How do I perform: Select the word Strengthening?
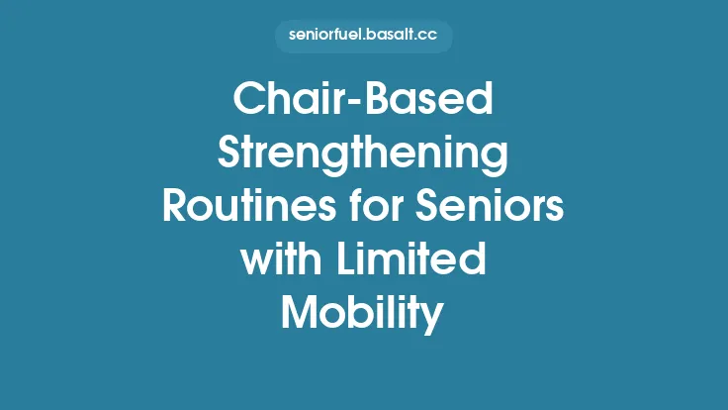[364, 156]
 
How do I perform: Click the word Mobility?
[364, 312]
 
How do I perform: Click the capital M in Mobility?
[299, 312]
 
